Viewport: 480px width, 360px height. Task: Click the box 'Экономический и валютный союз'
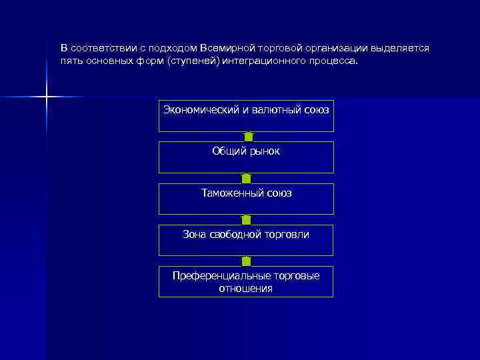246,116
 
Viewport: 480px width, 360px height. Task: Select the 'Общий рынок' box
246,157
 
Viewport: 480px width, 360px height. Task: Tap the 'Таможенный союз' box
246,199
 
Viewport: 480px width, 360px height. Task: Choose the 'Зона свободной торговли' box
246,240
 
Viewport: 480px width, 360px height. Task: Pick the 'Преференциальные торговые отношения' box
246,281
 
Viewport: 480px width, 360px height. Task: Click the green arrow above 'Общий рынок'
249,137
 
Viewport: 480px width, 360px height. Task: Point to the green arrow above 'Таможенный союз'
246,178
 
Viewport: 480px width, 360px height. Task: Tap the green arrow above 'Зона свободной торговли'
246,219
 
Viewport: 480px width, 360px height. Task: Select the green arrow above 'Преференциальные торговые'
246,261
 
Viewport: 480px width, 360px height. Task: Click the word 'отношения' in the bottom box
246,289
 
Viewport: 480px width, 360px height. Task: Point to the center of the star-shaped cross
47,97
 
